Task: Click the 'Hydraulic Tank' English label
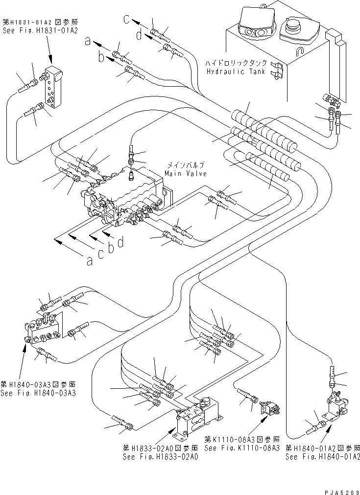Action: click(x=236, y=71)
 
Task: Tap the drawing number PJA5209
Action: click(x=338, y=489)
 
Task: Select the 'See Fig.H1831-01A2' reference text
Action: click(x=30, y=29)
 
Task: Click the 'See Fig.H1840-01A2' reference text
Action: click(x=323, y=456)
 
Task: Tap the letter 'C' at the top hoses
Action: click(x=126, y=19)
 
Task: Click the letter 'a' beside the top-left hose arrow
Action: click(x=88, y=42)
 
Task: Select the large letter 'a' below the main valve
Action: click(x=89, y=261)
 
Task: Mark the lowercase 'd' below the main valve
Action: click(x=120, y=241)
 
